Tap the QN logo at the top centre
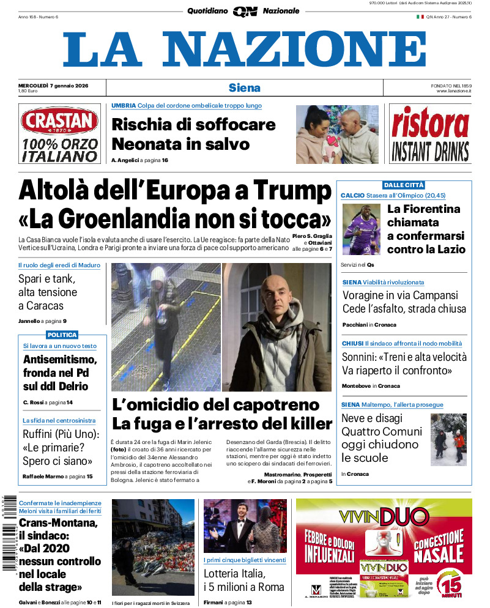pyautogui.click(x=245, y=11)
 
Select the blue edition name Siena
pyautogui.click(x=245, y=87)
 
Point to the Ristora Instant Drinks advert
pyautogui.click(x=430, y=133)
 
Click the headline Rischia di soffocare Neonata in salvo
pyautogui.click(x=193, y=134)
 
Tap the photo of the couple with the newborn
pyautogui.click(x=337, y=135)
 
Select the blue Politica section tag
pyautogui.click(x=62, y=335)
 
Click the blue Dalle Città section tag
pyautogui.click(x=404, y=185)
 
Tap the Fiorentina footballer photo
pyautogui.click(x=361, y=229)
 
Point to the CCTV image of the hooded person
pyautogui.click(x=165, y=327)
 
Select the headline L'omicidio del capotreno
pyautogui.click(x=216, y=404)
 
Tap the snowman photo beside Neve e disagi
pyautogui.click(x=448, y=439)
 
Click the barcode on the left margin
pyautogui.click(x=9, y=532)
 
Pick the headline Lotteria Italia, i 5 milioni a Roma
pyautogui.click(x=244, y=580)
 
